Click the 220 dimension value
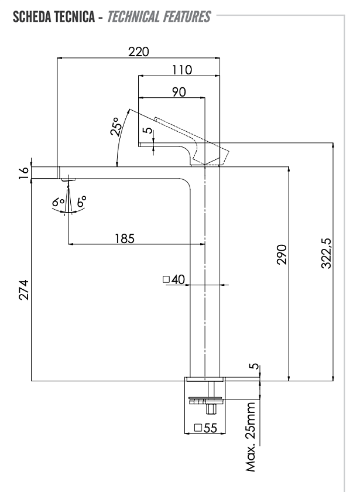click(138, 52)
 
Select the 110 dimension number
click(182, 70)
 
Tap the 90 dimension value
click(179, 92)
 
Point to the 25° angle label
click(115, 127)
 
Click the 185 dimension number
click(125, 238)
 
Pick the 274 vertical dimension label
click(24, 290)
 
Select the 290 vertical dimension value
click(282, 254)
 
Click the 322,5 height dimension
click(327, 253)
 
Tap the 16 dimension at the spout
click(24, 173)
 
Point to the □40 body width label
click(174, 279)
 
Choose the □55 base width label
click(205, 428)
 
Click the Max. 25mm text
click(251, 437)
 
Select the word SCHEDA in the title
click(32, 17)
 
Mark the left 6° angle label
click(59, 202)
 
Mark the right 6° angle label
click(81, 201)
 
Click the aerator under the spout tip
click(68, 179)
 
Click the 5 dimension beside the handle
click(149, 130)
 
